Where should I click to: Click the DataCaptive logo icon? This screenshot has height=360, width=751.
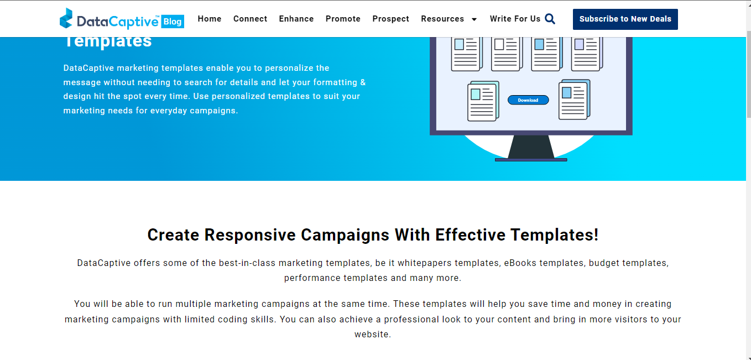tap(66, 18)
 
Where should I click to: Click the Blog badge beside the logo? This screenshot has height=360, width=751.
tap(173, 22)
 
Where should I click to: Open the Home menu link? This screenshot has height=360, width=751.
tap(210, 19)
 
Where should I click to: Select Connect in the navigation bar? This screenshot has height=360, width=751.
tap(250, 19)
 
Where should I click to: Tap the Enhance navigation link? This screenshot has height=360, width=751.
tap(296, 19)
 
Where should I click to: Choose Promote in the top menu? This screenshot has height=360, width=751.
tap(343, 19)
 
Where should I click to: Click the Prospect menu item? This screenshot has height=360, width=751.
tap(391, 19)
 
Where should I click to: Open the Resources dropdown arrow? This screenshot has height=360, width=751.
tap(474, 19)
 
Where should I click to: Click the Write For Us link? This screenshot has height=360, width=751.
tap(515, 19)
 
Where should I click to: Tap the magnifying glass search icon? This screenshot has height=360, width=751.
tap(550, 19)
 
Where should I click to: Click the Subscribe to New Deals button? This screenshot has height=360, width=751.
tap(625, 19)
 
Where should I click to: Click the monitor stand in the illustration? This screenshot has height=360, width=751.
tap(531, 148)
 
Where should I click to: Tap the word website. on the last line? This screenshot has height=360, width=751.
tap(373, 334)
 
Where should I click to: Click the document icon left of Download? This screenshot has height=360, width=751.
tap(482, 101)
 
